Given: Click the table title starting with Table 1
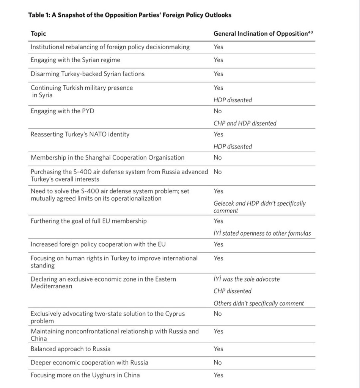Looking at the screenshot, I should (x=130, y=15).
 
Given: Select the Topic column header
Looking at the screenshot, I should (x=38, y=34).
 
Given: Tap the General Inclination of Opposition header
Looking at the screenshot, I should (x=260, y=34).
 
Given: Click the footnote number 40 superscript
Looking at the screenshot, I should (x=311, y=32).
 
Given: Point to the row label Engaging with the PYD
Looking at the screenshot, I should (x=62, y=111).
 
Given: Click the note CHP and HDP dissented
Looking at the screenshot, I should (x=245, y=123).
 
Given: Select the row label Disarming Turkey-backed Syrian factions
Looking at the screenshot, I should (x=88, y=74).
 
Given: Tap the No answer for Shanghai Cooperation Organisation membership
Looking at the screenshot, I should (x=218, y=158).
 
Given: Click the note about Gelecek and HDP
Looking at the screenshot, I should (x=259, y=207).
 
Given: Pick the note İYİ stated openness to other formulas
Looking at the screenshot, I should (x=262, y=233).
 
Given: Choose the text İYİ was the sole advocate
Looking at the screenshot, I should (x=247, y=279).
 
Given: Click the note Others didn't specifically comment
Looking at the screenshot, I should (x=259, y=304).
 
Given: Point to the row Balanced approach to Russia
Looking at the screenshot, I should (x=71, y=349).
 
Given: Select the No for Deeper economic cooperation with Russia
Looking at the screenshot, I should (x=218, y=363).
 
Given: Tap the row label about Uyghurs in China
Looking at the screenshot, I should (x=85, y=375).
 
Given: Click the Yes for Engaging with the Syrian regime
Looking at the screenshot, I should (x=219, y=60).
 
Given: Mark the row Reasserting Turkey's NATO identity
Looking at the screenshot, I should (x=80, y=135).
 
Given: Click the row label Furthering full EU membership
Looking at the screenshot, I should (x=89, y=221).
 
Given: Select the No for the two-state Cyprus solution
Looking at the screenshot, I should (x=218, y=314).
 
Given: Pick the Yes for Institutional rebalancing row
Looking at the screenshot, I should (x=219, y=47).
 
